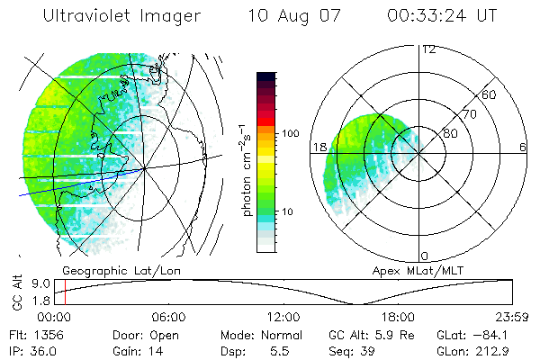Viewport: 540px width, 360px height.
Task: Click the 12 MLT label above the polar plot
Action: point(428,49)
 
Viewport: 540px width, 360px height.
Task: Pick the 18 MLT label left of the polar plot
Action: point(318,148)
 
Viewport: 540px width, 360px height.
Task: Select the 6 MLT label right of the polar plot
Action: point(523,148)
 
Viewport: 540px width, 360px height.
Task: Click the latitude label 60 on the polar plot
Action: point(490,94)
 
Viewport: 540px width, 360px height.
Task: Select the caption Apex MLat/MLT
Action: point(410,269)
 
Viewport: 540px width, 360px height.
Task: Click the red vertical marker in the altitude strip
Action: point(65,292)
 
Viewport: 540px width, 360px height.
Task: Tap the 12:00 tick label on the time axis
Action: point(283,317)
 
